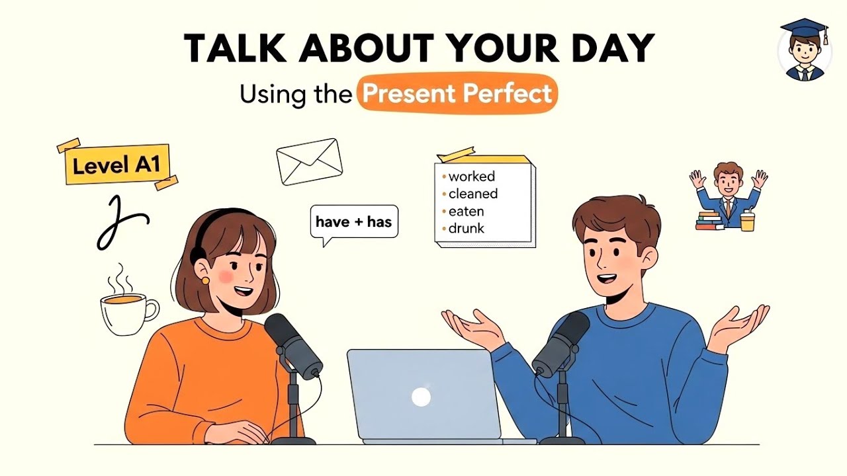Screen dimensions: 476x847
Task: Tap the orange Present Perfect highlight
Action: (x=457, y=93)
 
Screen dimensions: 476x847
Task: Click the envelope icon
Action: (x=309, y=161)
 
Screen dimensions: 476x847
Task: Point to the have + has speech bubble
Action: (x=354, y=222)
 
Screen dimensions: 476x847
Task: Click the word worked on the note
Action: (x=471, y=177)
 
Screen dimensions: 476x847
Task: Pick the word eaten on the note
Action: (x=466, y=212)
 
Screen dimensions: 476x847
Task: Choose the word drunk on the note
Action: (x=466, y=229)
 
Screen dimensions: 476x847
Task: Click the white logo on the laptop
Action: (x=421, y=397)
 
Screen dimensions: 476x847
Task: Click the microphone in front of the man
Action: (x=561, y=344)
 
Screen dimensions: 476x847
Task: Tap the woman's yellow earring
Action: (x=205, y=280)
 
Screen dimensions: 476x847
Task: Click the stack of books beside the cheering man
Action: (x=709, y=220)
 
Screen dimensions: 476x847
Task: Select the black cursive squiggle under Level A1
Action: (x=119, y=221)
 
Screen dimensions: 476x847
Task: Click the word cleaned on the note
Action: (x=472, y=194)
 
